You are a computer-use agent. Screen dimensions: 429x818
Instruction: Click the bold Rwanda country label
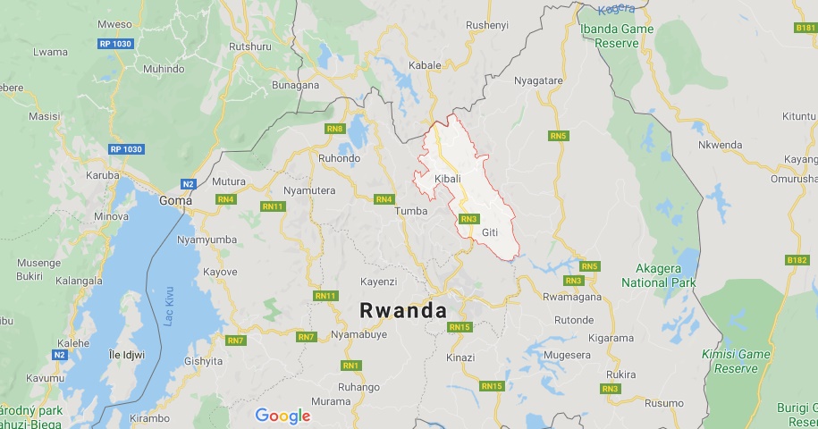402,309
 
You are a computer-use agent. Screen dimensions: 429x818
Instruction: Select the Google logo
283,416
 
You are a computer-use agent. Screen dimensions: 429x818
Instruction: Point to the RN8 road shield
335,130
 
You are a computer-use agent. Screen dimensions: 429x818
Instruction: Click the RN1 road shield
350,366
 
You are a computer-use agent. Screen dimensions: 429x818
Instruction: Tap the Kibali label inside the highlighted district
447,180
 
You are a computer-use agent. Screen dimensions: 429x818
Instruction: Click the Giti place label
489,232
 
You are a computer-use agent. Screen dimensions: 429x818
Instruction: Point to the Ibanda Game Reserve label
617,36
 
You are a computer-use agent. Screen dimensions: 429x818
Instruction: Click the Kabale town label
425,65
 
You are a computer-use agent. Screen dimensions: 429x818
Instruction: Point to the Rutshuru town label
249,46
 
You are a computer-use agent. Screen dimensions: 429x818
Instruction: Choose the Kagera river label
616,9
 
